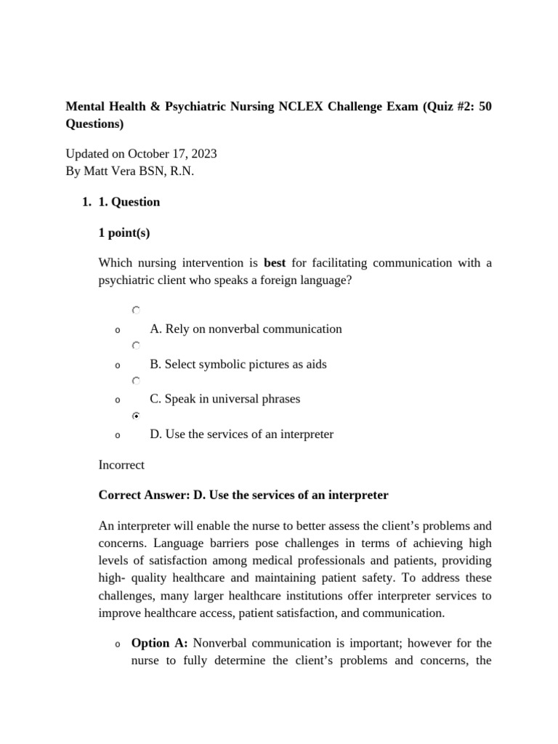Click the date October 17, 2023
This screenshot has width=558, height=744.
click(172, 154)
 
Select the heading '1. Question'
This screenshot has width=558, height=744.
click(129, 202)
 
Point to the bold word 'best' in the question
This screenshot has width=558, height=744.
click(275, 263)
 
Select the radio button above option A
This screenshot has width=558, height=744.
click(136, 310)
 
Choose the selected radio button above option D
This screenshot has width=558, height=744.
click(136, 416)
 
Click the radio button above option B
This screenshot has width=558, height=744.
click(136, 346)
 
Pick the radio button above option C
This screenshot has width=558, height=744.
click(136, 381)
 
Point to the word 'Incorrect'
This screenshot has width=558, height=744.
click(121, 465)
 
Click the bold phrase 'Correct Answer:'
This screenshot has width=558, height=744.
click(144, 496)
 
